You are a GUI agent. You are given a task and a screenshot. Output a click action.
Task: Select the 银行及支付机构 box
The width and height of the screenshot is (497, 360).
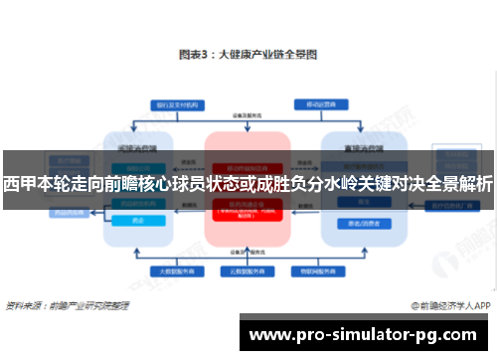click(170, 103)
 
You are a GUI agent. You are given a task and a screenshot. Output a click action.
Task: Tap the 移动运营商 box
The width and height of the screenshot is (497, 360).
click(317, 103)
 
